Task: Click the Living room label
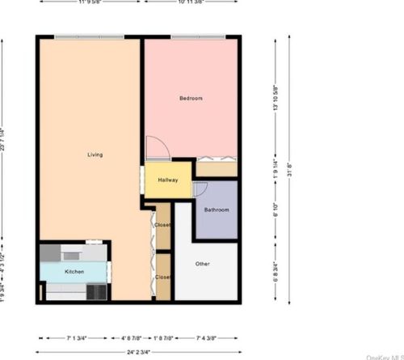[95, 155]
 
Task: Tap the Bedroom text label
[191, 99]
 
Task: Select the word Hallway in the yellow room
[168, 180]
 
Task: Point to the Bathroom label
[217, 210]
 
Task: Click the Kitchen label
[74, 272]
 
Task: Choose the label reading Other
[203, 265]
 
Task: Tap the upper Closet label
[162, 225]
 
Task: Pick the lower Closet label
[162, 277]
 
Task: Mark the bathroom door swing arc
[200, 189]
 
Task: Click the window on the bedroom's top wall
[198, 36]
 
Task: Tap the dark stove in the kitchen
[98, 291]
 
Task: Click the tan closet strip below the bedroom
[217, 169]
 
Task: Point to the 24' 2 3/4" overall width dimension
[140, 353]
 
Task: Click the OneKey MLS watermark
[385, 356]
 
